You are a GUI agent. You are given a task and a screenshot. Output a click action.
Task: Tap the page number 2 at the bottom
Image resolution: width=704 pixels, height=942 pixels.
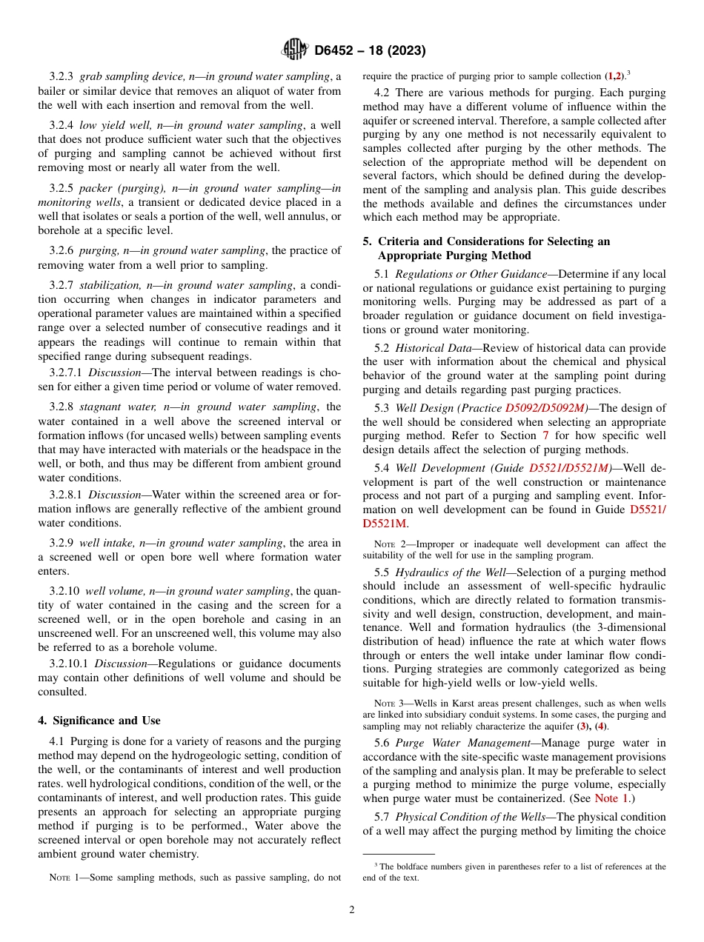(352, 909)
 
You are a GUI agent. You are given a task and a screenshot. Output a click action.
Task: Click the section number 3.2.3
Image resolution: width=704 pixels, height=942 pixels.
(62, 76)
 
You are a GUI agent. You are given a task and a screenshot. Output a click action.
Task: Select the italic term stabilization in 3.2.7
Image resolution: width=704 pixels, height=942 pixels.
(109, 285)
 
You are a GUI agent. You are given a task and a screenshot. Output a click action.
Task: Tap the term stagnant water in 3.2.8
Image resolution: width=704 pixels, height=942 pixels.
(116, 407)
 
